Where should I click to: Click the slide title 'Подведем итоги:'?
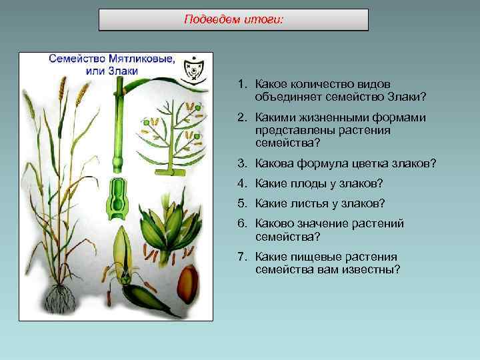click(233, 20)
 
